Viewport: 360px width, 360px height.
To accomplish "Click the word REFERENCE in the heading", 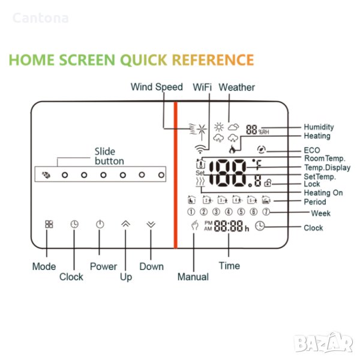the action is point(213,60).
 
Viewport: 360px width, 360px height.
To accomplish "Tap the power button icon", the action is point(100,224).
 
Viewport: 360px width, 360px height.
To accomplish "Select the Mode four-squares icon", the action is point(49,224).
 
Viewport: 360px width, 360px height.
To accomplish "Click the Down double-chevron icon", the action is point(151,224).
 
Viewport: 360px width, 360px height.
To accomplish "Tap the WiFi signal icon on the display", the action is point(200,149).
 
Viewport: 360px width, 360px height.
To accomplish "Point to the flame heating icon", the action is point(232,149).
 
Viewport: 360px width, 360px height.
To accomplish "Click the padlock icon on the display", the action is point(268,183).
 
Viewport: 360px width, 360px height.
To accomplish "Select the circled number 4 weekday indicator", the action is point(229,211).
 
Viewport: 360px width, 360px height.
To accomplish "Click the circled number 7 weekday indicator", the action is point(266,211).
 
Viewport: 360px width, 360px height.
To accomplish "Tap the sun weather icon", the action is point(219,127).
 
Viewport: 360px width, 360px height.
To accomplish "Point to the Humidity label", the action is point(319,127).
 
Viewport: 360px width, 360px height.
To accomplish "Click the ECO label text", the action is point(312,150).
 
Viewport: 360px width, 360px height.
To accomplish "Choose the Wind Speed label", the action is point(157,87).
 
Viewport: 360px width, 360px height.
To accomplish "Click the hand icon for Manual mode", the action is point(194,225).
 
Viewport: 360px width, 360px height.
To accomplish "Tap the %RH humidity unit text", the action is point(263,132).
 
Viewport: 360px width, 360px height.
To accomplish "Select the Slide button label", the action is point(109,157).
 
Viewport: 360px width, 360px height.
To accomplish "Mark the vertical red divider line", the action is point(176,175).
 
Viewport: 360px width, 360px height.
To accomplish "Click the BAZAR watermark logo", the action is point(323,343).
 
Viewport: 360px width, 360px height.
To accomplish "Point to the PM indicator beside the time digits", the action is point(208,223).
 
